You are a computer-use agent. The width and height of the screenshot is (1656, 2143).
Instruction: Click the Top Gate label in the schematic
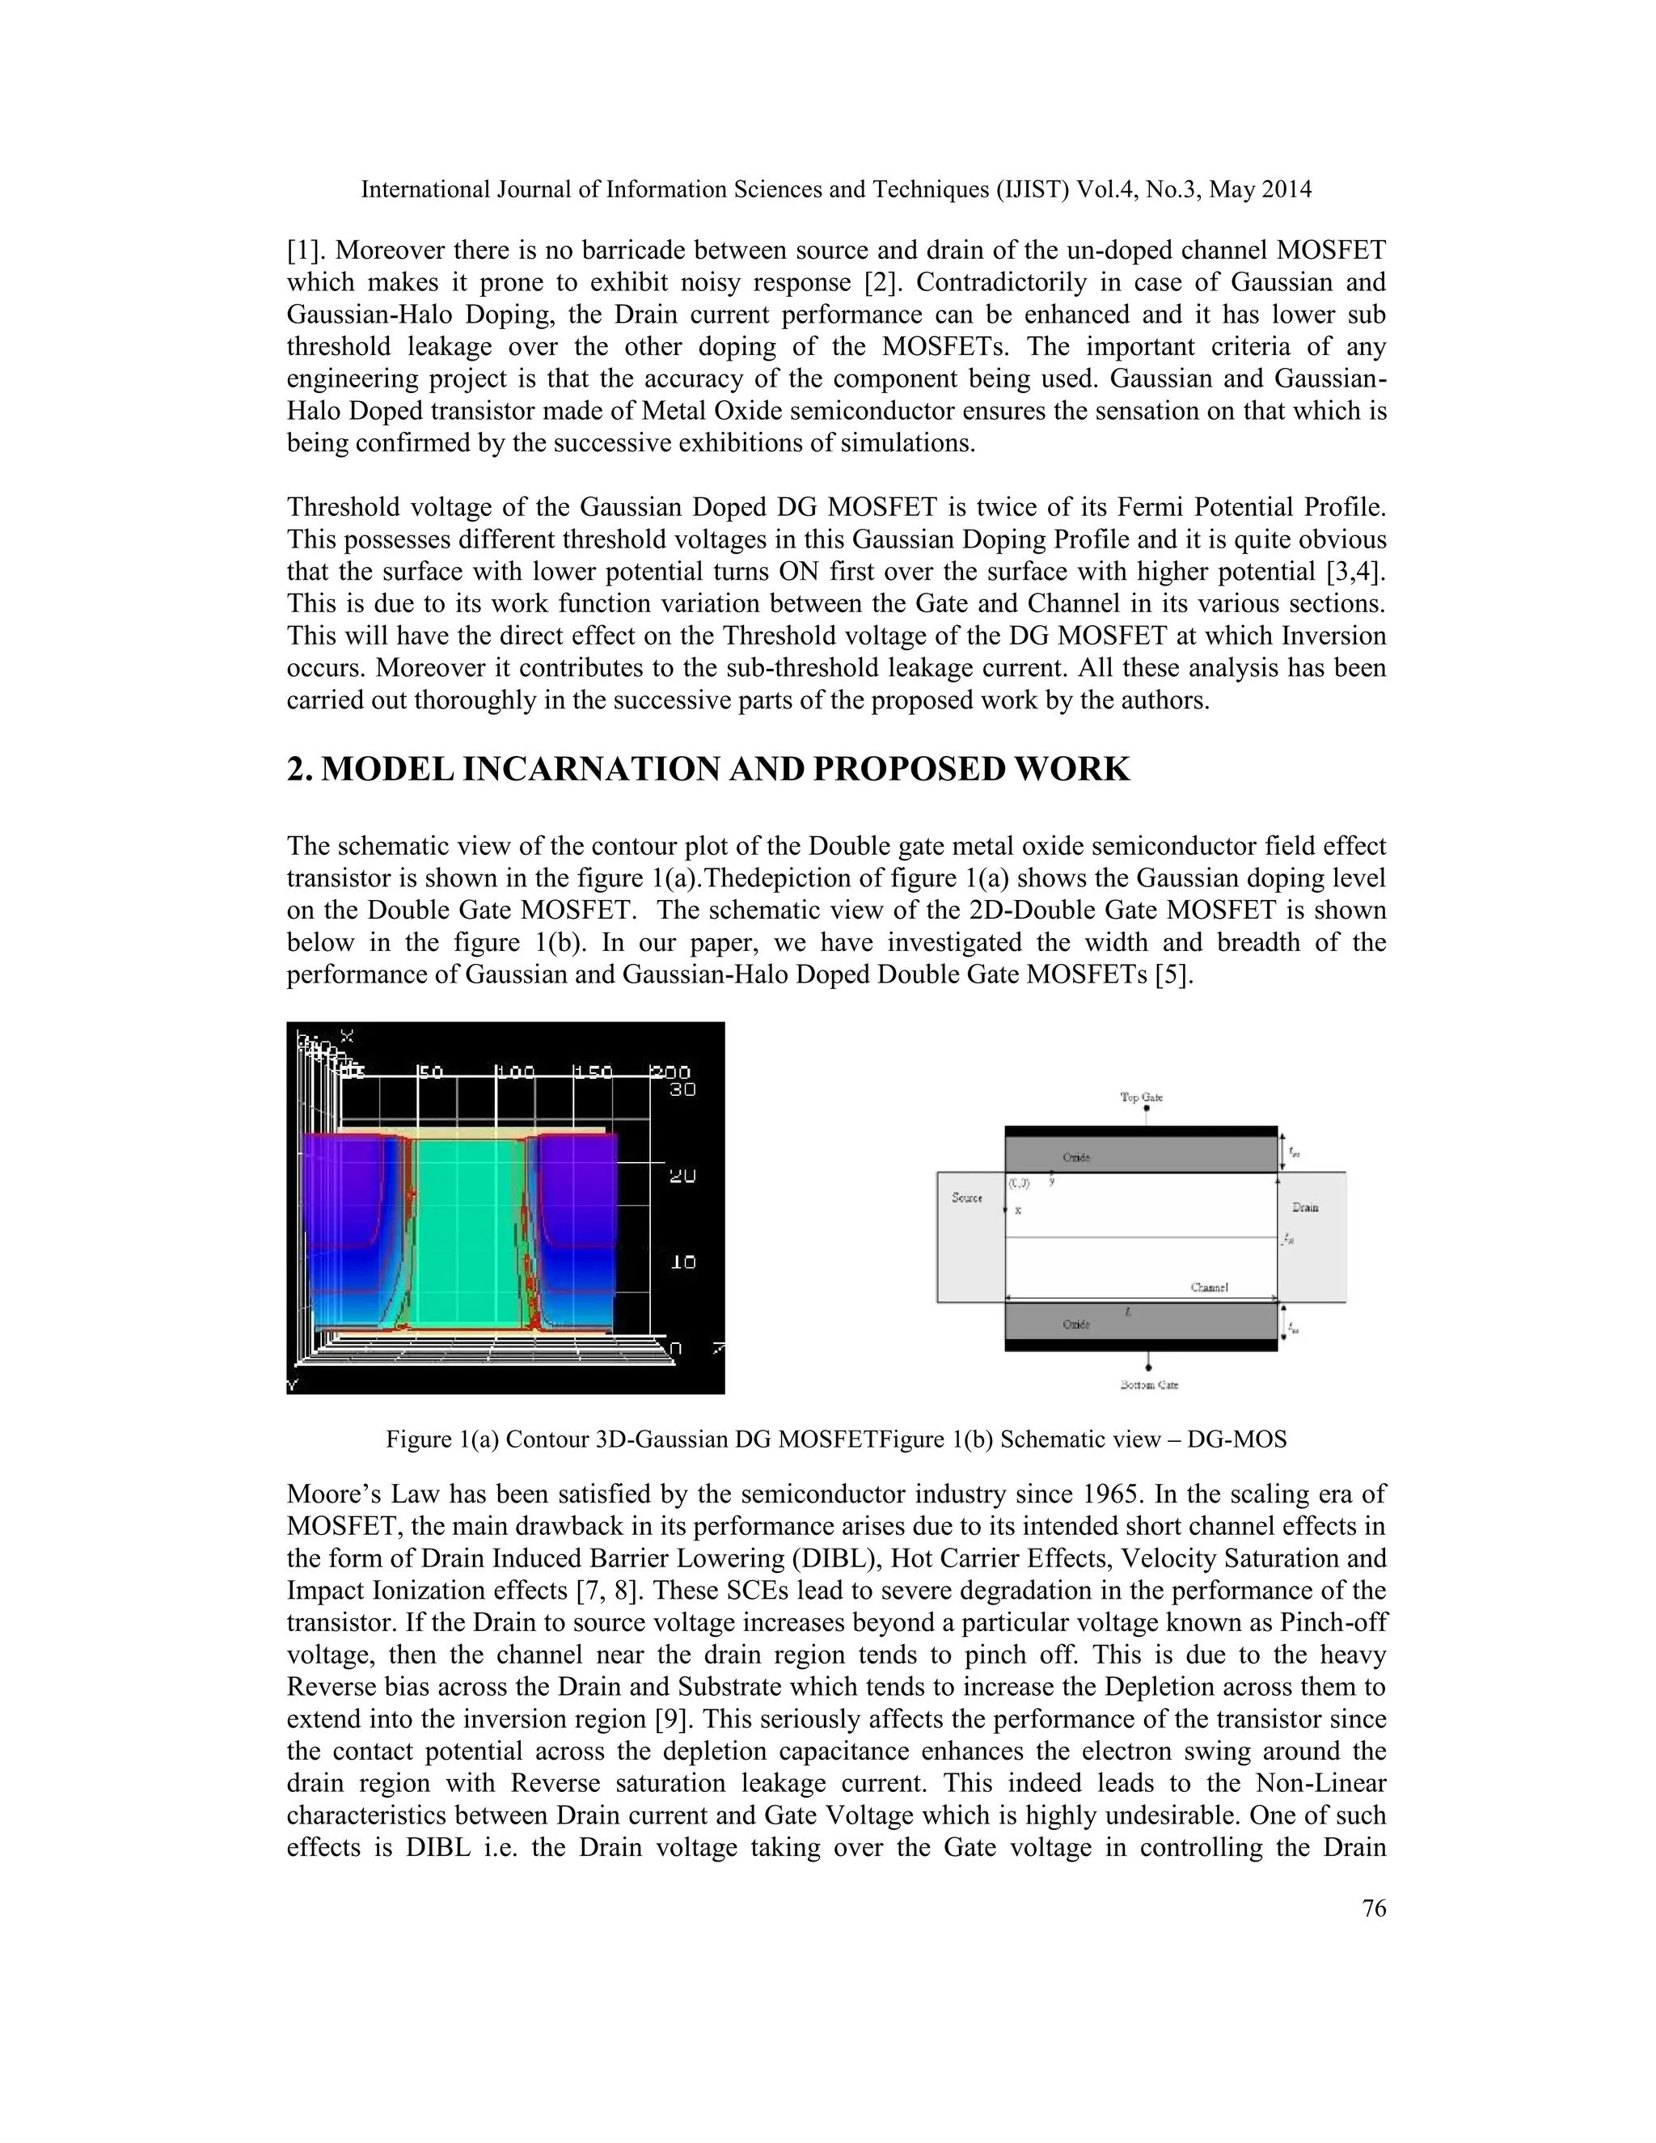pyautogui.click(x=1142, y=1097)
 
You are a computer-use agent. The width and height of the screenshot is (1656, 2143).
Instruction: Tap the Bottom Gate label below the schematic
pyautogui.click(x=1148, y=1384)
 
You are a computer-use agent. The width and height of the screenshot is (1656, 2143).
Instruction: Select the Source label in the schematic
pyautogui.click(x=967, y=1197)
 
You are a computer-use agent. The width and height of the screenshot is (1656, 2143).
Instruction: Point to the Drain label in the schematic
pyautogui.click(x=1305, y=1207)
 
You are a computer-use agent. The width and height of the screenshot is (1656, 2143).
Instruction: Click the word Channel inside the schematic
pyautogui.click(x=1209, y=1287)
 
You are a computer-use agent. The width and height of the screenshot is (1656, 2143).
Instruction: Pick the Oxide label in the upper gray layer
pyautogui.click(x=1076, y=1157)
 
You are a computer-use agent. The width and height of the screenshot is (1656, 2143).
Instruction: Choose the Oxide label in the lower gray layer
pyautogui.click(x=1076, y=1324)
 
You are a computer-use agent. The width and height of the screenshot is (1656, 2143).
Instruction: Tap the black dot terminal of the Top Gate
pyautogui.click(x=1146, y=1109)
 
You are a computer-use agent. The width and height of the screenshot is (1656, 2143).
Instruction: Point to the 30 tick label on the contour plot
pyautogui.click(x=682, y=1089)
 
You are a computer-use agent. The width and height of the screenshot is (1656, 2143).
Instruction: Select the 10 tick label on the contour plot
pyautogui.click(x=682, y=1262)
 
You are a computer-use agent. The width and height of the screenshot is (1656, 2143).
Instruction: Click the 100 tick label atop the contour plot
pyautogui.click(x=515, y=1072)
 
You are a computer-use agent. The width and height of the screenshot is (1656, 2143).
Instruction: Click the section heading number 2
pyautogui.click(x=299, y=769)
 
